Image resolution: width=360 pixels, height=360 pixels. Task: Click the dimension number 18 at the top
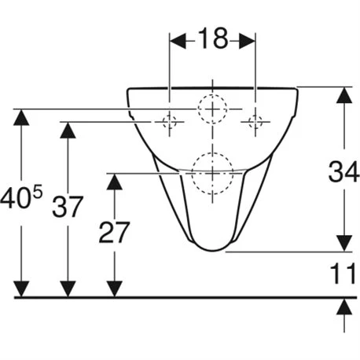click(x=212, y=39)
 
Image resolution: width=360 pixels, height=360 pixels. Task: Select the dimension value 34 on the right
click(x=343, y=172)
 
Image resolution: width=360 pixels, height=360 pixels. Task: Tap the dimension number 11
click(x=343, y=274)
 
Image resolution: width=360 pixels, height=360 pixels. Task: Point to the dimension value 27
click(x=114, y=233)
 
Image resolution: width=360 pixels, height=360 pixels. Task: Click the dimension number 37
click(x=68, y=206)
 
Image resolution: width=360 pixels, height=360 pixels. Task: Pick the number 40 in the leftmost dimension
click(x=14, y=199)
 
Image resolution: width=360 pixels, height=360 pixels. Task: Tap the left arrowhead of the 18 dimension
click(x=178, y=41)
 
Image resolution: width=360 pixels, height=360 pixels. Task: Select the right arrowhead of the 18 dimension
click(x=247, y=41)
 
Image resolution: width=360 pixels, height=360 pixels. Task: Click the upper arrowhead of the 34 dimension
click(x=344, y=95)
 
